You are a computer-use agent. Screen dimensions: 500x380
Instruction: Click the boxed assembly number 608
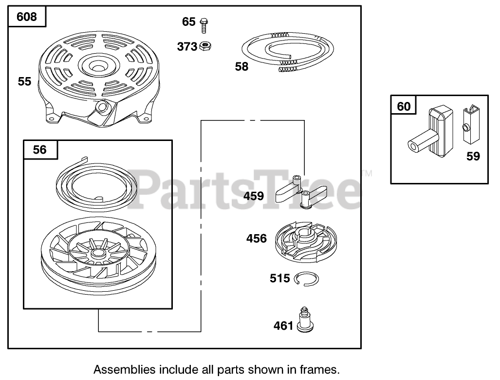pos(27,17)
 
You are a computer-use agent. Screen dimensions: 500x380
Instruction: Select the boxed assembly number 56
pos(40,150)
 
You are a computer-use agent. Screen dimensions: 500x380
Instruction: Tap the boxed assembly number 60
pos(404,106)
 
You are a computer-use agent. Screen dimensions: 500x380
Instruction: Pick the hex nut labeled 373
pos(205,46)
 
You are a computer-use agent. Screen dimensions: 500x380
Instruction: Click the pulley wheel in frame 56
pos(97,259)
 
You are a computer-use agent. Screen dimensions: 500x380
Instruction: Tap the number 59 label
pos(473,156)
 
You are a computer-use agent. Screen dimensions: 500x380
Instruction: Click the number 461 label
pos(283,325)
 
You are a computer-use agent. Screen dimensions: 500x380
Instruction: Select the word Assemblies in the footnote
pos(117,368)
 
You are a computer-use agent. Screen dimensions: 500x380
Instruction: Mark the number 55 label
pos(24,81)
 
